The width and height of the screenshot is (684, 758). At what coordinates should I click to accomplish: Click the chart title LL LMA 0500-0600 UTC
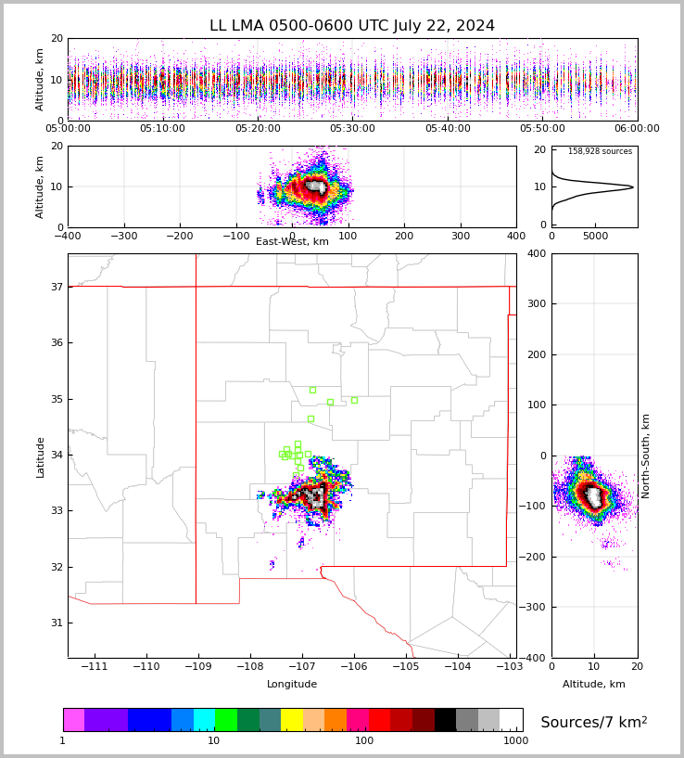coord(352,26)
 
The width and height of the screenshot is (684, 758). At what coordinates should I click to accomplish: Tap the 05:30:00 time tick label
coord(352,129)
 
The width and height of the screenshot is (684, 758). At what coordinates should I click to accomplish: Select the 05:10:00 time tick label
coord(162,129)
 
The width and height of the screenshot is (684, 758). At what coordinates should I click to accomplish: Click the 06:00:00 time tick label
coord(637,129)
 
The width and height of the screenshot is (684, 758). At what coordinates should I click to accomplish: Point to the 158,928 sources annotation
coord(600,152)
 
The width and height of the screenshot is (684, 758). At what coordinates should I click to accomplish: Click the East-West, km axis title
coord(292,242)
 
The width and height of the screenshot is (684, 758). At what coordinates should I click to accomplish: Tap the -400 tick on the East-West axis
coord(68,236)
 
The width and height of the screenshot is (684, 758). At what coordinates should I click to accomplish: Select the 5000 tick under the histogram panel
coord(595,236)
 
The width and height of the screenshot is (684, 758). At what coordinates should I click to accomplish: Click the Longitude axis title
coord(292,685)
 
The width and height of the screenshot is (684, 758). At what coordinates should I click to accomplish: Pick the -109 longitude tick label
coord(196,667)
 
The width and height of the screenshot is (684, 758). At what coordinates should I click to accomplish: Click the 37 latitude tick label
coord(56,288)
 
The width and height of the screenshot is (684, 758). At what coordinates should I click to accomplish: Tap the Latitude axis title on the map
coord(41,456)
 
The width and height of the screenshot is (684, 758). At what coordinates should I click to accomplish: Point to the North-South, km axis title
coord(646,456)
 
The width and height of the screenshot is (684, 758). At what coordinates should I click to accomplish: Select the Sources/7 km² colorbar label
coord(594,723)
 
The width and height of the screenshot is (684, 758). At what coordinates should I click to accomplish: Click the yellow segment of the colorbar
coord(291,720)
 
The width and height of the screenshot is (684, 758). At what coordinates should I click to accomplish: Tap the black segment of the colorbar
coord(445,720)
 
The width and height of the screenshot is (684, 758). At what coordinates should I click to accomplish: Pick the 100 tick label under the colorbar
coord(364,741)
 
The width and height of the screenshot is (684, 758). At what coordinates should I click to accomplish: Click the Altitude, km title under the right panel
coord(594,685)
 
